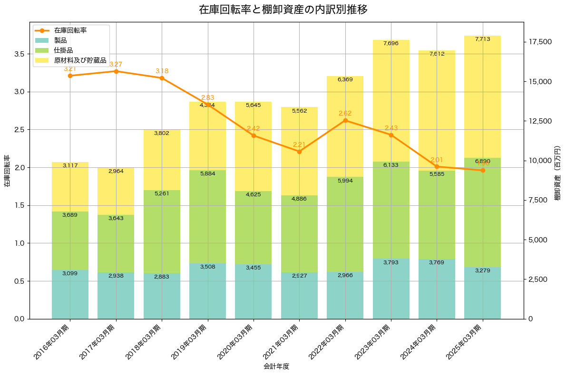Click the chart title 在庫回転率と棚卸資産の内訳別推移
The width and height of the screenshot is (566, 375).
(x=283, y=10)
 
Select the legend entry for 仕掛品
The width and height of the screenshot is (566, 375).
(x=63, y=50)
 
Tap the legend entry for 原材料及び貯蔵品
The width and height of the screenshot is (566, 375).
(x=80, y=60)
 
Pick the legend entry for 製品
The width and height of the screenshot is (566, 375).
(x=60, y=40)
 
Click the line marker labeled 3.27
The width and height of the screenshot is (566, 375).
(x=116, y=71)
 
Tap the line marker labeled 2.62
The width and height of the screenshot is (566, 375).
(x=345, y=120)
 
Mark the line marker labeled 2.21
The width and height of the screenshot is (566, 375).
(x=299, y=152)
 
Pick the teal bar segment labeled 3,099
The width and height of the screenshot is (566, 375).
(x=70, y=294)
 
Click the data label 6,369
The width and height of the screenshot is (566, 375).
(x=345, y=79)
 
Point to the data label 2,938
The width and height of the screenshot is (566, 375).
(x=116, y=276)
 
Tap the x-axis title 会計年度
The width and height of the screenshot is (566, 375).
(x=276, y=366)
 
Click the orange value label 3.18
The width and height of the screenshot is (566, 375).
(x=162, y=71)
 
